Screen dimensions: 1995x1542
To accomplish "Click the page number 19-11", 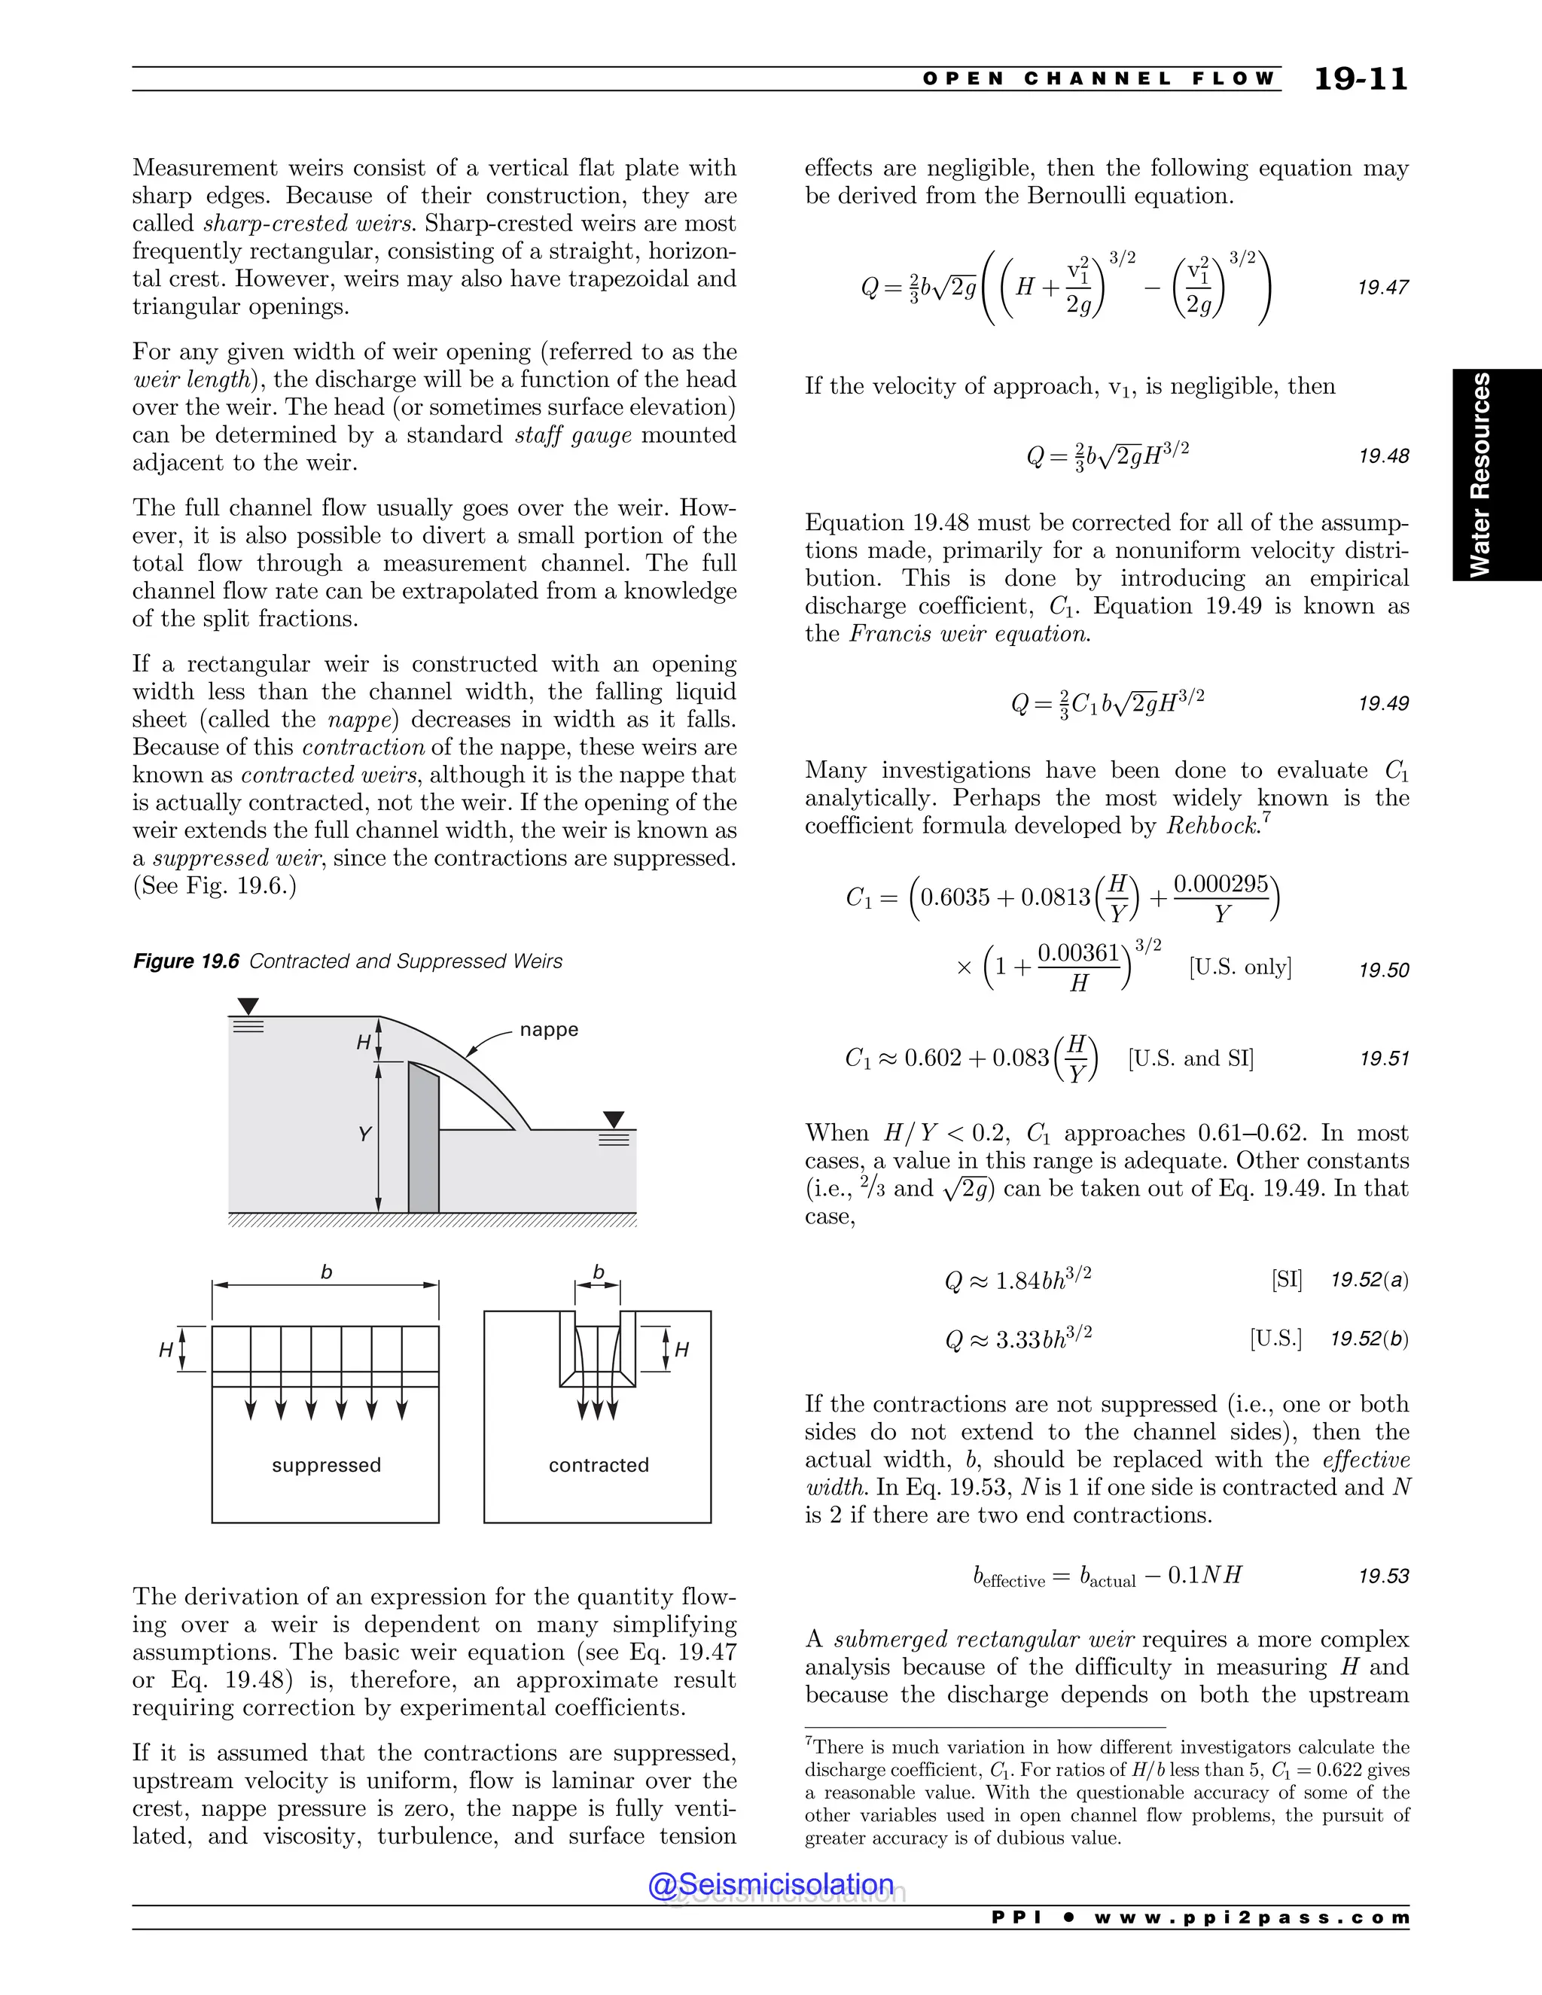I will click(1361, 80).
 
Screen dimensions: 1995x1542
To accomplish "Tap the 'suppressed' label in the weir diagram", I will click(326, 1465).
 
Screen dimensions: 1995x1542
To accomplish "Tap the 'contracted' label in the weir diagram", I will click(599, 1465).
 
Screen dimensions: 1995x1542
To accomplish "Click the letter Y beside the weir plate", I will click(364, 1135).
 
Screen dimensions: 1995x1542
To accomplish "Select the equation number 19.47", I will click(1383, 288).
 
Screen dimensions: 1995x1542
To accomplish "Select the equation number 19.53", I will click(1383, 1576).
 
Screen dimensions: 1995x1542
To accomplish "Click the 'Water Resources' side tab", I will click(1480, 474).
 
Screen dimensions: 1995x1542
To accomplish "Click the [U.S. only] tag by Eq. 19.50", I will click(1239, 967).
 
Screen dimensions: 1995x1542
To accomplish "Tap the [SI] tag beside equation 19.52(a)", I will click(1286, 1279).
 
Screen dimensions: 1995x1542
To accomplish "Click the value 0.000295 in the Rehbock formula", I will click(1220, 885).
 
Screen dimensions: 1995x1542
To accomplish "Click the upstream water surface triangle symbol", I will click(248, 1006).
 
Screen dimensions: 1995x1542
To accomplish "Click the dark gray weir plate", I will click(424, 1142).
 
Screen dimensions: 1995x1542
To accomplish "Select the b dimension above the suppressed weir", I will click(326, 1272).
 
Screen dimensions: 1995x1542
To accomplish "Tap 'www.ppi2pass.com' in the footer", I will click(1251, 1917).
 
